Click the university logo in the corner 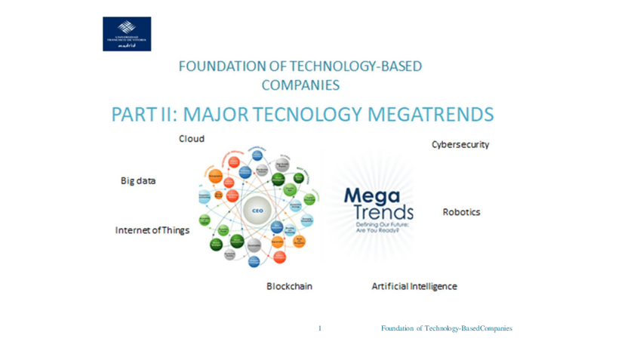tap(127, 34)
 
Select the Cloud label tap(191, 139)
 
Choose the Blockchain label tap(289, 287)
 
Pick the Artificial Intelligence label tap(414, 287)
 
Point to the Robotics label tap(461, 212)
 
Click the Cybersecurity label tap(460, 143)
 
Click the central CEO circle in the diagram tap(257, 212)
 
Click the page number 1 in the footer tap(321, 328)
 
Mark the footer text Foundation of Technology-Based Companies tap(447, 328)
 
